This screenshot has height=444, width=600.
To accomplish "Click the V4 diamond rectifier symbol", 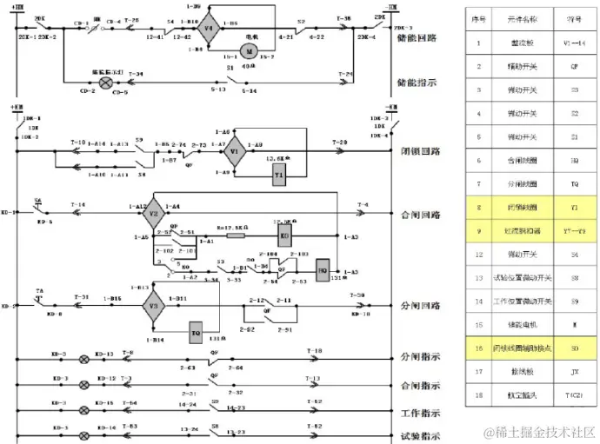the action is point(207,30).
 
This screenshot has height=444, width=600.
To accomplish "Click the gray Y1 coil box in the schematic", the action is point(280,176).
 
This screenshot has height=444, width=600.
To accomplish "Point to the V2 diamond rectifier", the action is point(153,213).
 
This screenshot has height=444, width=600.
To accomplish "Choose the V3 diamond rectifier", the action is point(153,306).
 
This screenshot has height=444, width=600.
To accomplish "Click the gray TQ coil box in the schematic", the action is point(197,330).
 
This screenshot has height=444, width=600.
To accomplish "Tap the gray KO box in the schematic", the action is point(284,236).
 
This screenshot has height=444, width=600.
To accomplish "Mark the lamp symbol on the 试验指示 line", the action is point(85,429).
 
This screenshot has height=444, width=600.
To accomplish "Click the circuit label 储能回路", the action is point(417,38).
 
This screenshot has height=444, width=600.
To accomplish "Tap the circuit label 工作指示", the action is point(417,413).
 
